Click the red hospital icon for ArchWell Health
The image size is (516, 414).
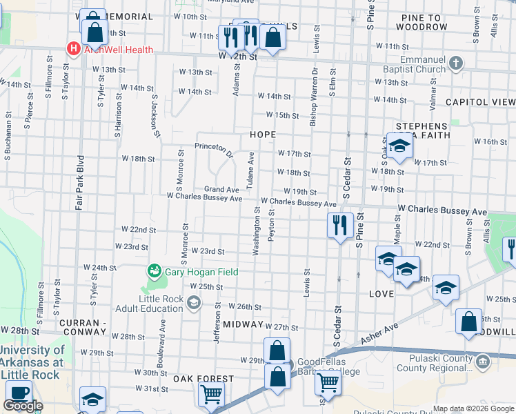[x=72, y=48]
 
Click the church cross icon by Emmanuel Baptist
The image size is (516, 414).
[x=455, y=63]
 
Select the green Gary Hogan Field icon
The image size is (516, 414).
[x=155, y=271]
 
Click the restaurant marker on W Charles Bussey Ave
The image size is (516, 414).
[x=339, y=226]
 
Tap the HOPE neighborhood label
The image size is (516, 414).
[x=263, y=135]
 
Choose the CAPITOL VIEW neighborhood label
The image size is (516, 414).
[x=480, y=101]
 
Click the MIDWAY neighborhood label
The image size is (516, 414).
[x=244, y=324]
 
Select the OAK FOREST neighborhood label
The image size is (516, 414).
[x=204, y=379]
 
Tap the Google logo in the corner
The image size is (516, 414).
[x=23, y=406]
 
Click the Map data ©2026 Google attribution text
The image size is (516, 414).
[x=473, y=408]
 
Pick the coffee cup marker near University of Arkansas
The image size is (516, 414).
[x=17, y=393]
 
